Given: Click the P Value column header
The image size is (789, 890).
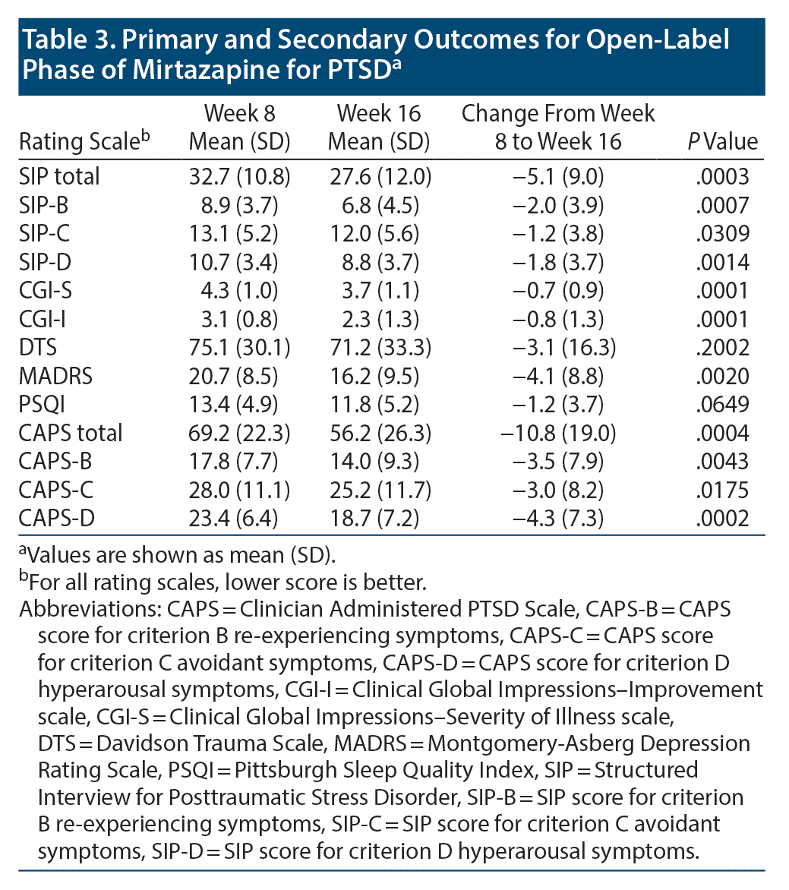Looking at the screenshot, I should pyautogui.click(x=722, y=142).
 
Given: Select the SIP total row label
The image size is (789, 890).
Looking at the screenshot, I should pyautogui.click(x=59, y=177).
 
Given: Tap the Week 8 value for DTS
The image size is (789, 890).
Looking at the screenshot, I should pyautogui.click(x=238, y=348).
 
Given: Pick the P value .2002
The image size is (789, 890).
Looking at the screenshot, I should pyautogui.click(x=722, y=348).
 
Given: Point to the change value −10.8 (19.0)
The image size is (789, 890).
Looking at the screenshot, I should pyautogui.click(x=558, y=434).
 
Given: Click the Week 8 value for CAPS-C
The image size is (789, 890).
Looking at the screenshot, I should pyautogui.click(x=238, y=491).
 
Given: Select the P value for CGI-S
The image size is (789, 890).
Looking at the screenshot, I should pyautogui.click(x=722, y=291).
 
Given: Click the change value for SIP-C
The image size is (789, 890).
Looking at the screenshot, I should pyautogui.click(x=558, y=234).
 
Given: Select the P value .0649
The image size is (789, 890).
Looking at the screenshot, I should pyautogui.click(x=722, y=405).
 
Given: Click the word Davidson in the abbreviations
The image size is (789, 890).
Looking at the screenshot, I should pyautogui.click(x=131, y=743).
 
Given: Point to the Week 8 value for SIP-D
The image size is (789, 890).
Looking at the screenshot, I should pyautogui.click(x=238, y=263).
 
